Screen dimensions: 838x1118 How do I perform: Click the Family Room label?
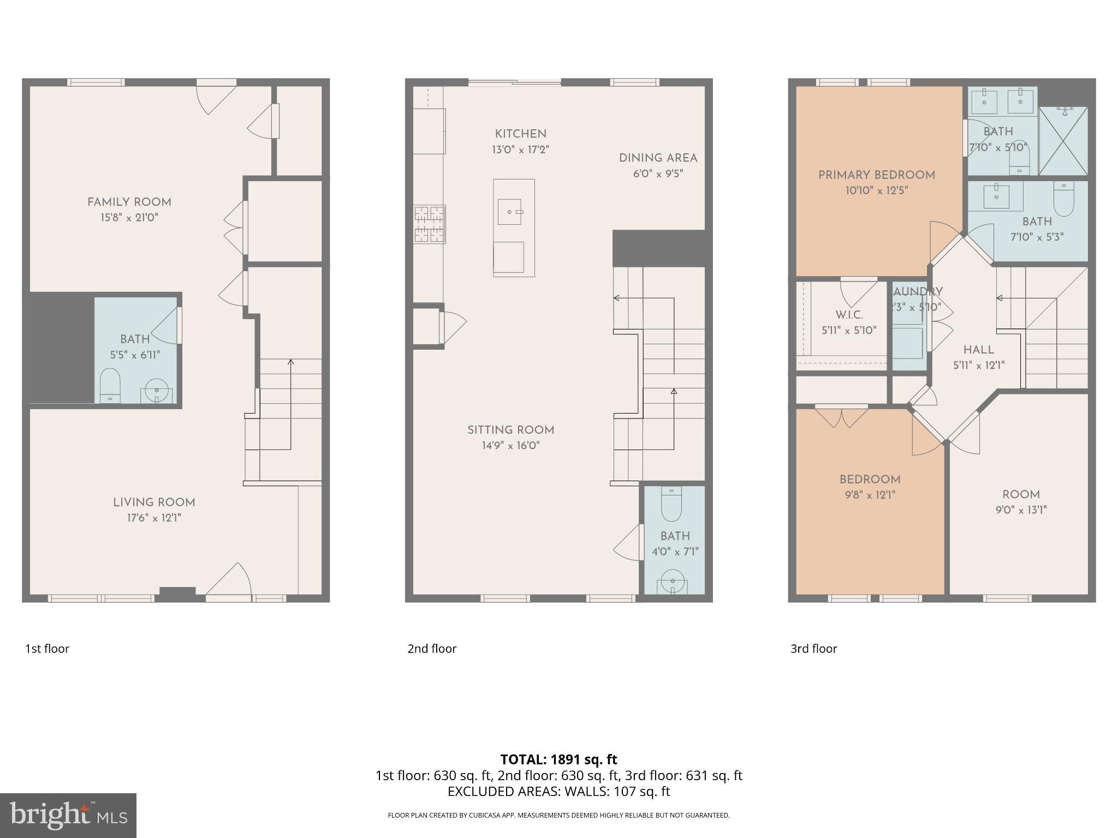[129, 202]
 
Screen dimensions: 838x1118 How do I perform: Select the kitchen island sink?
[510, 212]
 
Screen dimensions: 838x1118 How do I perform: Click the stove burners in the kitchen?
[429, 224]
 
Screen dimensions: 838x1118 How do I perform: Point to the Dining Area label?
[658, 158]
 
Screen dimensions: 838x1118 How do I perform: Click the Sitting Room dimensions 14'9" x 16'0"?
[510, 446]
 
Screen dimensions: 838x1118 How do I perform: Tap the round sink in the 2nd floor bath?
[672, 582]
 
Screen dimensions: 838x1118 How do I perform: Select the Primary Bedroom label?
[876, 175]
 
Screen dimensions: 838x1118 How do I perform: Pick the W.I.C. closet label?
[849, 315]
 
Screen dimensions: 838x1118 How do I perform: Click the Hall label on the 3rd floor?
[978, 350]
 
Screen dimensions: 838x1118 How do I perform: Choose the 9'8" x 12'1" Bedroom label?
[870, 480]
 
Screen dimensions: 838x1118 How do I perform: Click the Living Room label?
[154, 502]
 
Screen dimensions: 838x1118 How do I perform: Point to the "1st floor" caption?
[47, 649]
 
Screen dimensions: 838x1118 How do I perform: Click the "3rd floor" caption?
[813, 649]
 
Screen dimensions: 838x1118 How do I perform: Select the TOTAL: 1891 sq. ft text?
[558, 759]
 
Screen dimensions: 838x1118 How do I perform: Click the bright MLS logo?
[68, 815]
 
